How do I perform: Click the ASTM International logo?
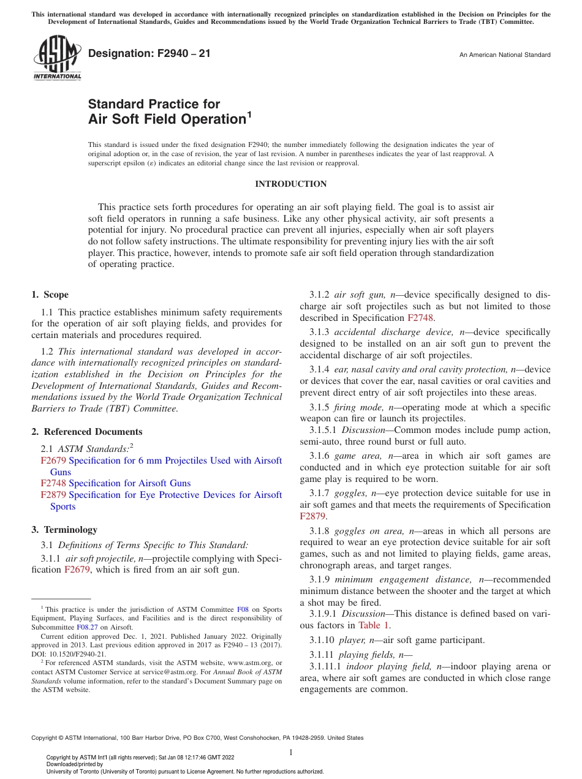[x=57, y=59]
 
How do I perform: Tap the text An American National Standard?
[x=505, y=55]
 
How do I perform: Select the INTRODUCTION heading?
[x=291, y=184]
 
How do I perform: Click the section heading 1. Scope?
[x=50, y=295]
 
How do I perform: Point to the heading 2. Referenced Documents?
[x=87, y=432]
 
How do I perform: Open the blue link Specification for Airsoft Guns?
[x=129, y=483]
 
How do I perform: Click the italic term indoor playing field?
[x=388, y=666]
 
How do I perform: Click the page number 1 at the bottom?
[x=291, y=753]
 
